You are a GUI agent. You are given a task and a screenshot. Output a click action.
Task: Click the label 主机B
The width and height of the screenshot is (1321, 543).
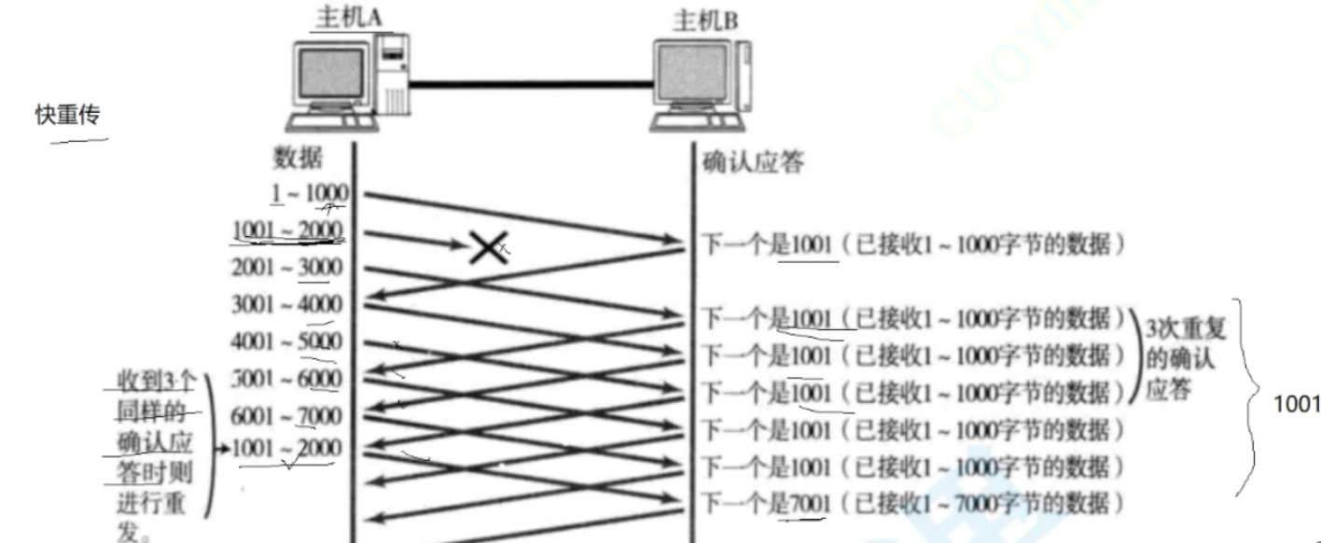(x=704, y=20)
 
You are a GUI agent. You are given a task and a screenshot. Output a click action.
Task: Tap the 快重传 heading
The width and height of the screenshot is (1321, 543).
(x=67, y=115)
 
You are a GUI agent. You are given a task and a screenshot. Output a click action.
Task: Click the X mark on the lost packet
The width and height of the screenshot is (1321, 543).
(x=488, y=247)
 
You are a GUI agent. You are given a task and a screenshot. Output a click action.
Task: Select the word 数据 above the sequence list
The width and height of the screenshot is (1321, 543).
(x=298, y=158)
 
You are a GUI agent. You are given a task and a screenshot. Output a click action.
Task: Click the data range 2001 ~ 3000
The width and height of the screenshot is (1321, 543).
(x=286, y=268)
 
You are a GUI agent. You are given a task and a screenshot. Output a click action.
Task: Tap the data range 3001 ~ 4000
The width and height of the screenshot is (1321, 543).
(x=286, y=305)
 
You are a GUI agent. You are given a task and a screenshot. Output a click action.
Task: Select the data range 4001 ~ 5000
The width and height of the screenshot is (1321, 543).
(x=286, y=341)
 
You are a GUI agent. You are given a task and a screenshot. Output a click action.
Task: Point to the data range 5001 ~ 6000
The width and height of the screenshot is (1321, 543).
(x=286, y=379)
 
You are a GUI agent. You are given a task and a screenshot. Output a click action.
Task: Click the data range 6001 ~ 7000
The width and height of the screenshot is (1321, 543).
(x=286, y=415)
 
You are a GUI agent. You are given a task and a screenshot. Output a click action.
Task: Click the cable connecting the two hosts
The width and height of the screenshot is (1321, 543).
(x=531, y=85)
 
